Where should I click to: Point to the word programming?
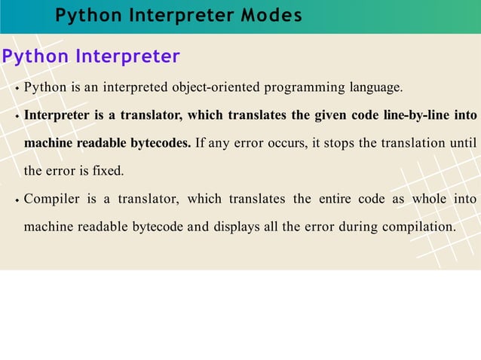coord(304,88)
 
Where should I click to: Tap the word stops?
coord(338,143)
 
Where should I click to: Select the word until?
coord(460,143)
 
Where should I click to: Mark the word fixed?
coord(107,171)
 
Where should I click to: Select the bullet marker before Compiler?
coord(17,200)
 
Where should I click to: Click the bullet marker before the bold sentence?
coord(17,117)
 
